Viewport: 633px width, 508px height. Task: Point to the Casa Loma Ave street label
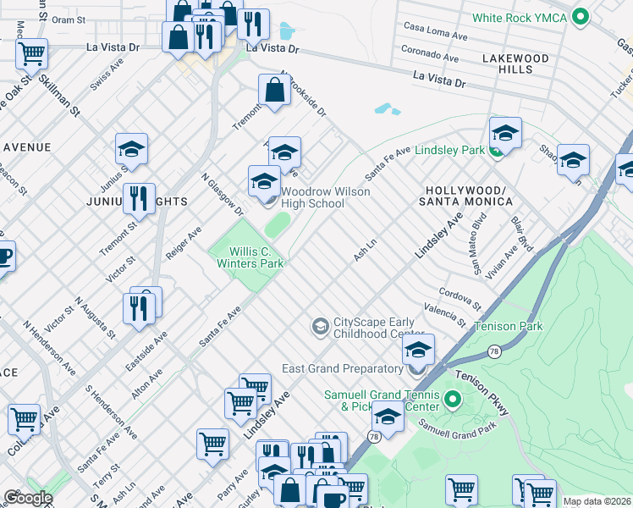coord(435,32)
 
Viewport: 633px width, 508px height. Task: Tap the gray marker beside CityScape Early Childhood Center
coord(320,326)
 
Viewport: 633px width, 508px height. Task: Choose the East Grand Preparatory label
coord(342,368)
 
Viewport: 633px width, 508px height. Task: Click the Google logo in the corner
coord(28,498)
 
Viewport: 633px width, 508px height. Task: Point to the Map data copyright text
coord(597,501)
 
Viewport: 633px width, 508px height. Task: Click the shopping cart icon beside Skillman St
coord(31,53)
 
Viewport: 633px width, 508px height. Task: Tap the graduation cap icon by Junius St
coord(131,150)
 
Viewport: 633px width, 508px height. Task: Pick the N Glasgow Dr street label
coord(222,196)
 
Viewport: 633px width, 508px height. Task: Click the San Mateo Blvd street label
coord(480,253)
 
